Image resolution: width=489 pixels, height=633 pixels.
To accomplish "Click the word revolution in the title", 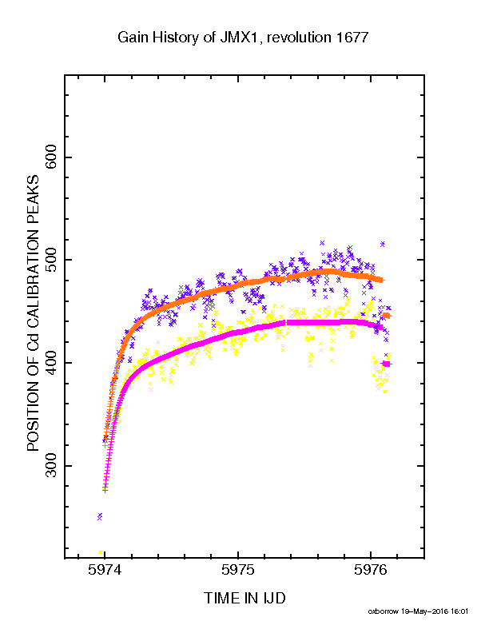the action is coord(299,38).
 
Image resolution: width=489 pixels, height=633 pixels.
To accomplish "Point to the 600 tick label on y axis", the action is coord(52,157).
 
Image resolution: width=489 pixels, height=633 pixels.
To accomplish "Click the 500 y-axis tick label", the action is coord(52,260).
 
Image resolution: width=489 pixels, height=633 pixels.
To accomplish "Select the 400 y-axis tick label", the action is coord(52,363).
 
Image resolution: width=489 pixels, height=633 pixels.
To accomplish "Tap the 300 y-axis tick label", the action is coord(52,465).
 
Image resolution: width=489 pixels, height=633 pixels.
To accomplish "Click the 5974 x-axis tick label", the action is coord(105,570).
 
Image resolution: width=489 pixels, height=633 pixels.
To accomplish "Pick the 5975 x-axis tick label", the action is coord(238,570).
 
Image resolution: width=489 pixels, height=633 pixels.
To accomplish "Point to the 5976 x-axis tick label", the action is coord(371,570).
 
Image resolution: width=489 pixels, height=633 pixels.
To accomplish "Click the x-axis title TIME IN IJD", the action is coord(245,598).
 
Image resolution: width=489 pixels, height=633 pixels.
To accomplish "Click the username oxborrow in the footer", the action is coord(383,611).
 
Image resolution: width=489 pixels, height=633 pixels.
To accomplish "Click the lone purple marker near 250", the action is coord(100,516).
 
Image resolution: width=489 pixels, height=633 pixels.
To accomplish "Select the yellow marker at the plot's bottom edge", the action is coord(101,551).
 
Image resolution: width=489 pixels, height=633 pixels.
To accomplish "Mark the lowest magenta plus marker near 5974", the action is coord(105,490).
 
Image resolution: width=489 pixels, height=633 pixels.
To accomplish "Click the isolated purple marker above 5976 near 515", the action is coord(382,244).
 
